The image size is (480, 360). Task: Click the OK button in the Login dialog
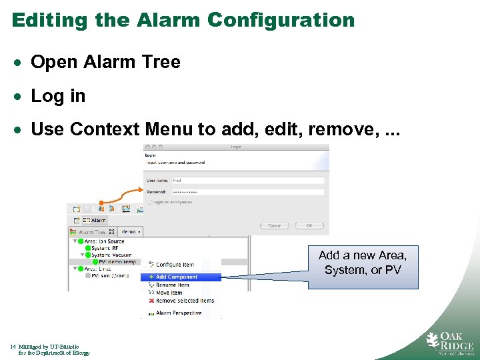point(309,225)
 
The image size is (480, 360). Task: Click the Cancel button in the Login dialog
point(275,225)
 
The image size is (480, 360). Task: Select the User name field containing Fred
point(247,180)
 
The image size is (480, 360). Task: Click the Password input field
point(247,192)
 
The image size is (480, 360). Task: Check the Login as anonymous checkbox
point(149,202)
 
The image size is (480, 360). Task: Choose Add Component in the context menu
point(176,277)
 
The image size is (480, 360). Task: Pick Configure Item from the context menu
point(175,265)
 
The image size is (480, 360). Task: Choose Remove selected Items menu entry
point(185,301)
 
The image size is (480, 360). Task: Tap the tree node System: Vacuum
point(111,255)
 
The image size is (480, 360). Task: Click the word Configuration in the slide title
point(281,20)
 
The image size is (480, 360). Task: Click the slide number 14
point(13,347)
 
